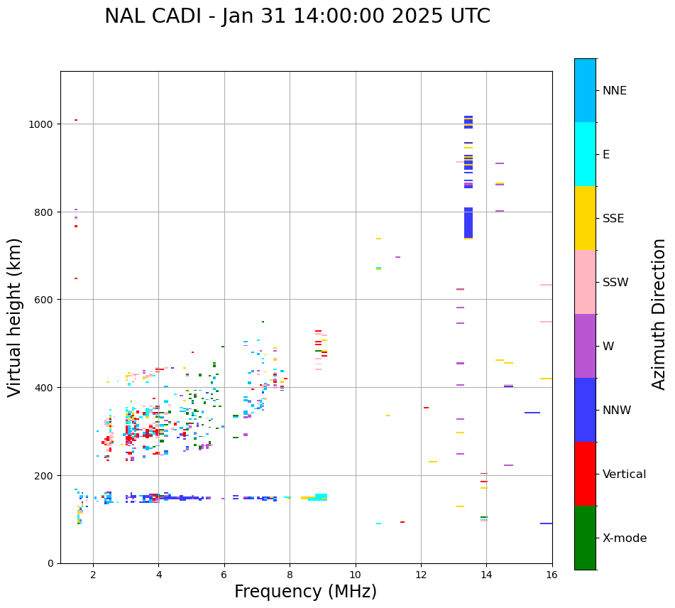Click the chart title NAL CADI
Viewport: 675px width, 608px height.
pyautogui.click(x=297, y=16)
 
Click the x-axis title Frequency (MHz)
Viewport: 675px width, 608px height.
pyautogui.click(x=305, y=592)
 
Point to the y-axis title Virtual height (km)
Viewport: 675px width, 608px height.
pyautogui.click(x=15, y=317)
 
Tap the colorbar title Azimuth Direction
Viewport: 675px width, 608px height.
pyautogui.click(x=659, y=314)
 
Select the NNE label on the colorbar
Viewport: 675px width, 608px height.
pyautogui.click(x=615, y=91)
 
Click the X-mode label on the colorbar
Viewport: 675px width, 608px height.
pyautogui.click(x=625, y=538)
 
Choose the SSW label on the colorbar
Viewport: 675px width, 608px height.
pyautogui.click(x=615, y=283)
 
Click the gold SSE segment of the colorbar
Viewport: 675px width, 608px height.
pyautogui.click(x=585, y=218)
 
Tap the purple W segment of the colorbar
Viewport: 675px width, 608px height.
pyautogui.click(x=585, y=346)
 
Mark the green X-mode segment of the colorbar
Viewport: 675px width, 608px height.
pyautogui.click(x=585, y=538)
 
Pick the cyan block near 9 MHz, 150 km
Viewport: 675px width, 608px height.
pyautogui.click(x=321, y=496)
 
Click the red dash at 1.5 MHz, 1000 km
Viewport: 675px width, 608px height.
pyautogui.click(x=76, y=120)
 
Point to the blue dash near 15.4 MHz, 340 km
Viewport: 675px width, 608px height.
pyautogui.click(x=532, y=413)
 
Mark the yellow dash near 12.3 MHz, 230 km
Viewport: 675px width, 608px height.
pyautogui.click(x=433, y=462)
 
